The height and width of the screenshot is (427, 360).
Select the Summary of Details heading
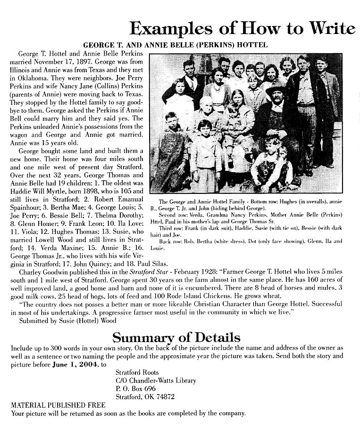[176, 337]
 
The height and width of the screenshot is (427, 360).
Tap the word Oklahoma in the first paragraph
[31, 76]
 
